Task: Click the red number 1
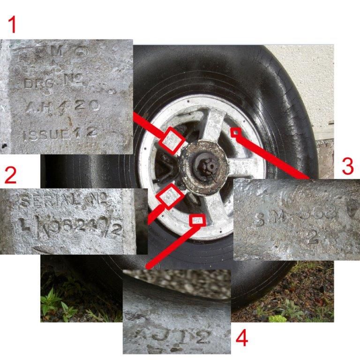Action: pos(13,24)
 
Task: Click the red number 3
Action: pos(347,166)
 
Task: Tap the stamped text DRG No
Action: pos(53,83)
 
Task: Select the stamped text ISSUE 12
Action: pos(60,134)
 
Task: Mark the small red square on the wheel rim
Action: pos(236,133)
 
